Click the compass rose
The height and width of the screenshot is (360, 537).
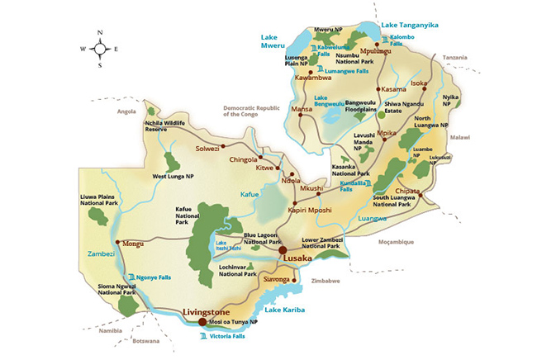[99, 48]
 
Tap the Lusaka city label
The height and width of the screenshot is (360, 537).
[298, 258]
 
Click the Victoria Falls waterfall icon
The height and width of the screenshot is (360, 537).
[203, 336]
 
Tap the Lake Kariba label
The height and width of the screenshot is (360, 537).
[285, 310]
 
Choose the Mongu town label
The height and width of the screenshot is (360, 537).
[133, 244]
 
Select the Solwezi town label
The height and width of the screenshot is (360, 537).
[207, 149]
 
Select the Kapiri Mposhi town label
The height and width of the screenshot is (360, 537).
[311, 210]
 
